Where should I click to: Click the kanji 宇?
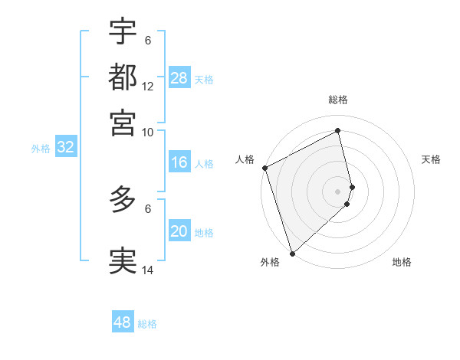pyautogui.click(x=123, y=31)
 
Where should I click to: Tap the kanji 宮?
pyautogui.click(x=123, y=122)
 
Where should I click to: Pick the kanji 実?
pyautogui.click(x=123, y=260)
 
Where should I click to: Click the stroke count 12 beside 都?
pyautogui.click(x=148, y=87)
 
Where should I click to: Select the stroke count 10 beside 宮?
pyautogui.click(x=148, y=132)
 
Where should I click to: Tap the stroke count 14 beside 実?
pyautogui.click(x=148, y=270)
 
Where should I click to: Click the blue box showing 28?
pyautogui.click(x=179, y=78)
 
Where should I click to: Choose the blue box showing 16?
pyautogui.click(x=179, y=162)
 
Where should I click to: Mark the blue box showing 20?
pyautogui.click(x=179, y=232)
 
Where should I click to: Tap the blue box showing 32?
pyautogui.click(x=65, y=148)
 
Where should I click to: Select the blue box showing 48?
pyautogui.click(x=123, y=322)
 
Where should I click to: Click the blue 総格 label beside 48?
pyautogui.click(x=147, y=324)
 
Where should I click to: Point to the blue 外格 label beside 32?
pyautogui.click(x=41, y=149)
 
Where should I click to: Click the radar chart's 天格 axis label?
pyautogui.click(x=431, y=159)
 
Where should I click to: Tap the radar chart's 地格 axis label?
pyautogui.click(x=402, y=263)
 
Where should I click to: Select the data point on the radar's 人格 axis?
pyautogui.click(x=264, y=168)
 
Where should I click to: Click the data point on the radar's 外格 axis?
pyautogui.click(x=292, y=252)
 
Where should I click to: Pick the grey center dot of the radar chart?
pyautogui.click(x=338, y=191)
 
